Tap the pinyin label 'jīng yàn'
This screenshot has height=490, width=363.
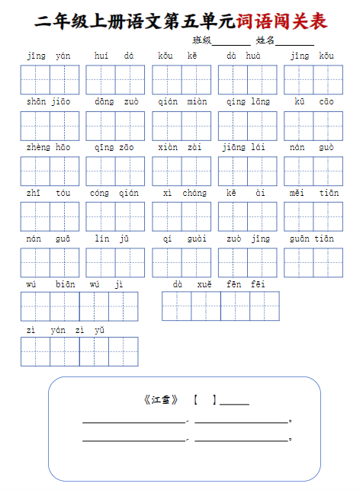pyautogui.click(x=49, y=56)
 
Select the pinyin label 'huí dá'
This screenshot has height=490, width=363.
pyautogui.click(x=114, y=56)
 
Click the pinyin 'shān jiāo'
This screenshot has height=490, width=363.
pyautogui.click(x=49, y=102)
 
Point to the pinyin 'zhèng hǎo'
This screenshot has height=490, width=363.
pyautogui.click(x=49, y=148)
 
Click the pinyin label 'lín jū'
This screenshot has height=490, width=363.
pyautogui.click(x=114, y=239)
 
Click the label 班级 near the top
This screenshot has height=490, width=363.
pyautogui.click(x=202, y=40)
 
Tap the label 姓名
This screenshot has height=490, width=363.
pyautogui.click(x=265, y=40)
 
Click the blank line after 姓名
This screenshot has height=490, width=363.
pyautogui.click(x=294, y=42)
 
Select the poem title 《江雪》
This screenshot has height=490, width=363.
pyautogui.click(x=161, y=399)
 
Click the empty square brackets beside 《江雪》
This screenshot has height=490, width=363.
pyautogui.click(x=204, y=399)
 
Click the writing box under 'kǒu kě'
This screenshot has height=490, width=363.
pyautogui.click(x=181, y=79)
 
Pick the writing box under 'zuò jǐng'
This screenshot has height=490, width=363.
pyautogui.click(x=247, y=262)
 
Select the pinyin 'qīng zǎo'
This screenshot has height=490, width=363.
pyautogui.click(x=114, y=148)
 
